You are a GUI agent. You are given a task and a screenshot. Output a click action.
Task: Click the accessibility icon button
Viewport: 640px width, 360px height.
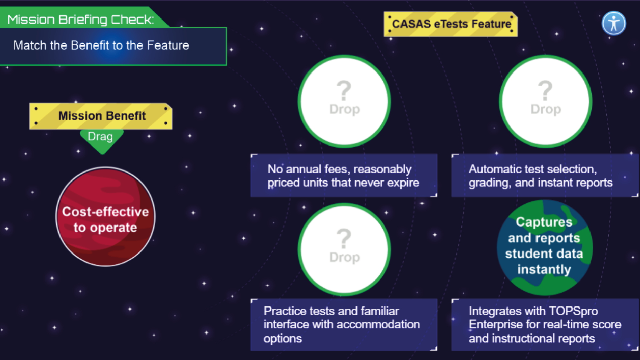pyautogui.click(x=614, y=23)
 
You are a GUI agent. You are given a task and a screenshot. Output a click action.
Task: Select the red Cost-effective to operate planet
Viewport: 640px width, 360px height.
pyautogui.click(x=105, y=217)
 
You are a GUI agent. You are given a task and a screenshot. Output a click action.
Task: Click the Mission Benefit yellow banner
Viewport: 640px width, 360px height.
pyautogui.click(x=101, y=116)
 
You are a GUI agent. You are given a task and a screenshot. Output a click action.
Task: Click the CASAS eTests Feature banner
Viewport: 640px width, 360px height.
pyautogui.click(x=451, y=24)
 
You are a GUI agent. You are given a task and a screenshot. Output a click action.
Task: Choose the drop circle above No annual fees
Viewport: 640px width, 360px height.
pyautogui.click(x=344, y=101)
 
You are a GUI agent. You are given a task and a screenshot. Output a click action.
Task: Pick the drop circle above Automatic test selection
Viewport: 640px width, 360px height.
pyautogui.click(x=545, y=101)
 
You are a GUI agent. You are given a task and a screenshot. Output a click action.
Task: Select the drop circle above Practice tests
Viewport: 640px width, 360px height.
pyautogui.click(x=344, y=249)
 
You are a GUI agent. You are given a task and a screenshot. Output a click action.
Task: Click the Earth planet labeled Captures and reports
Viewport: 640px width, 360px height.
pyautogui.click(x=544, y=247)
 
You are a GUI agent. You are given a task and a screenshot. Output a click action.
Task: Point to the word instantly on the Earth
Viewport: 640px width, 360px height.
pyautogui.click(x=544, y=269)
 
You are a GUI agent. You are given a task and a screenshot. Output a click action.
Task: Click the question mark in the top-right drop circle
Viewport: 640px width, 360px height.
pyautogui.click(x=545, y=90)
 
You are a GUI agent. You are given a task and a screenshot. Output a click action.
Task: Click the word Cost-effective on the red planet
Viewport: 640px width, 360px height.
pyautogui.click(x=105, y=211)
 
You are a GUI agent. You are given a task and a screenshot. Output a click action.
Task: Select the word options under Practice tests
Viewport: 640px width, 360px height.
pyautogui.click(x=283, y=338)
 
